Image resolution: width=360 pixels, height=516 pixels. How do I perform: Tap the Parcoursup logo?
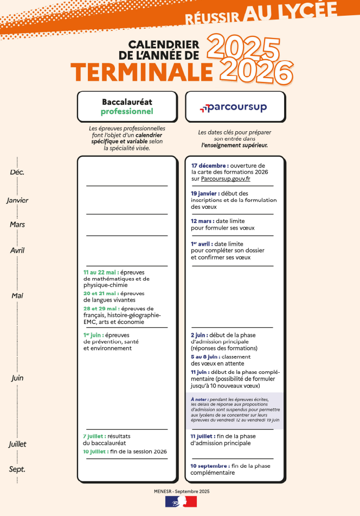coord(234,107)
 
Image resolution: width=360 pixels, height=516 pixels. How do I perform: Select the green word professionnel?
coord(127,112)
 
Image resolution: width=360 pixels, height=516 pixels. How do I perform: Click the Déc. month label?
coord(17,172)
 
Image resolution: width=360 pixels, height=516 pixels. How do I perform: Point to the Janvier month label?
coord(17,200)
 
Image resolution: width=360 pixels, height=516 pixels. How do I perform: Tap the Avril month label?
coord(17,250)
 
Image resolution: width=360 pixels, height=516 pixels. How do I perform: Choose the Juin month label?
coord(17,378)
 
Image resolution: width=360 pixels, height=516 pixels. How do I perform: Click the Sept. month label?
coord(17,469)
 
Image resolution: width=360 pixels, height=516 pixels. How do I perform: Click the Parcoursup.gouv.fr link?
coord(226,179)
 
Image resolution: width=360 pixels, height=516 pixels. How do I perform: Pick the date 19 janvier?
coord(205,193)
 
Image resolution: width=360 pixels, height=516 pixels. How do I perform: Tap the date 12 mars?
coord(202,221)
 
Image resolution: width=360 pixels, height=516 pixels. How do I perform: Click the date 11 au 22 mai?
coord(101,272)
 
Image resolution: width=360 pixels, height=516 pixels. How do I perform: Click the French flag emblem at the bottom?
coord(181,502)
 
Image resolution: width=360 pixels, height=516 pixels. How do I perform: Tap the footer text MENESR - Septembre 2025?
coord(181,490)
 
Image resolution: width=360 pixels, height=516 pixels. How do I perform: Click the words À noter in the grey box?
coord(199,399)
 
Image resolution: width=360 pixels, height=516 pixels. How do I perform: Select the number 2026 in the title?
coord(257,72)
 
